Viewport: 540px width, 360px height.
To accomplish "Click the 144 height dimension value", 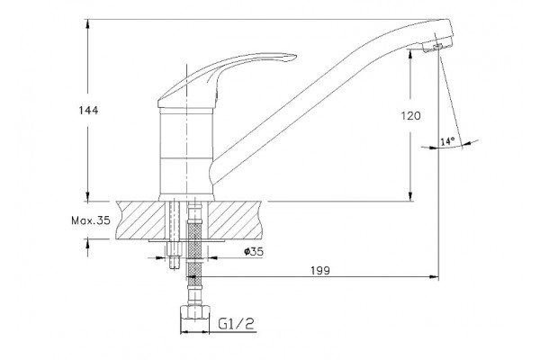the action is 88,110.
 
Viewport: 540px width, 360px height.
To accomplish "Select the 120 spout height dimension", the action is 410,116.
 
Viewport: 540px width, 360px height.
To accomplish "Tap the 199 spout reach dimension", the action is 320,271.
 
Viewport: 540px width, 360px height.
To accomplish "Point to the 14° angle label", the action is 447,141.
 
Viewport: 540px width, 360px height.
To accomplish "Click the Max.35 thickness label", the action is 91,220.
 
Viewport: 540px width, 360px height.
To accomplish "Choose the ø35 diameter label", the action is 254,252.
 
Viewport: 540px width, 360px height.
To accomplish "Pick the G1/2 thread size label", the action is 236,323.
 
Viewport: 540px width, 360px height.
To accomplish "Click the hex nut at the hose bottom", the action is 194,311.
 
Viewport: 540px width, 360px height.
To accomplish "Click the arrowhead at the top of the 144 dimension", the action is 88,23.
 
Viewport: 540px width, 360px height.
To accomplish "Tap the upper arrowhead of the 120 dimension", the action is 410,54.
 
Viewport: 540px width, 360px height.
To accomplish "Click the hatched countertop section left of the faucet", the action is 140,220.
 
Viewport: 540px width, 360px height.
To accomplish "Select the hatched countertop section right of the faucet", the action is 234,220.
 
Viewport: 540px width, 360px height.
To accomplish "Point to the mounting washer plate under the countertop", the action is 187,240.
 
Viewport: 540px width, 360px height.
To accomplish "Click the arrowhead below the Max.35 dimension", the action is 88,244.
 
